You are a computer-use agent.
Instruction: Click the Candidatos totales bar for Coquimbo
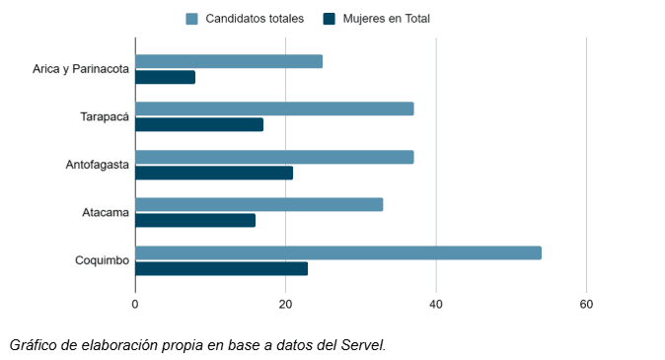(338, 252)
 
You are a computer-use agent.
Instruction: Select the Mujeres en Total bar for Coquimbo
(222, 268)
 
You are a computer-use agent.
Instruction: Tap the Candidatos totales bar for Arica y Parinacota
(229, 61)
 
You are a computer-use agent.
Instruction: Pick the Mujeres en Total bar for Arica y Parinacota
(165, 77)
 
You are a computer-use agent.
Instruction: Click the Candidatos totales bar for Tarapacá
(274, 108)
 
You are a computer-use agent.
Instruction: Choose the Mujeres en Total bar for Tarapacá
(199, 124)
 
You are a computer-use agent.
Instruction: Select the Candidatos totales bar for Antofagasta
(274, 157)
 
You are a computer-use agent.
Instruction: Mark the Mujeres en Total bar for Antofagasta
(214, 173)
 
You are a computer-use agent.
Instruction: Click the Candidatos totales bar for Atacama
(259, 204)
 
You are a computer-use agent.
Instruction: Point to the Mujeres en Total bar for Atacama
(195, 220)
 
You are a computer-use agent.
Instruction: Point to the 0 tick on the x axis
(135, 304)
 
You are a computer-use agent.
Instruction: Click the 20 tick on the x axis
(285, 304)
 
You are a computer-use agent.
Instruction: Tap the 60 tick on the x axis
(586, 304)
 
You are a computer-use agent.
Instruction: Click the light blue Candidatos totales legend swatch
(192, 18)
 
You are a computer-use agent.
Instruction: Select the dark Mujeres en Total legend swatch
(330, 18)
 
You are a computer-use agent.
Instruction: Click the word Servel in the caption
(361, 345)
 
